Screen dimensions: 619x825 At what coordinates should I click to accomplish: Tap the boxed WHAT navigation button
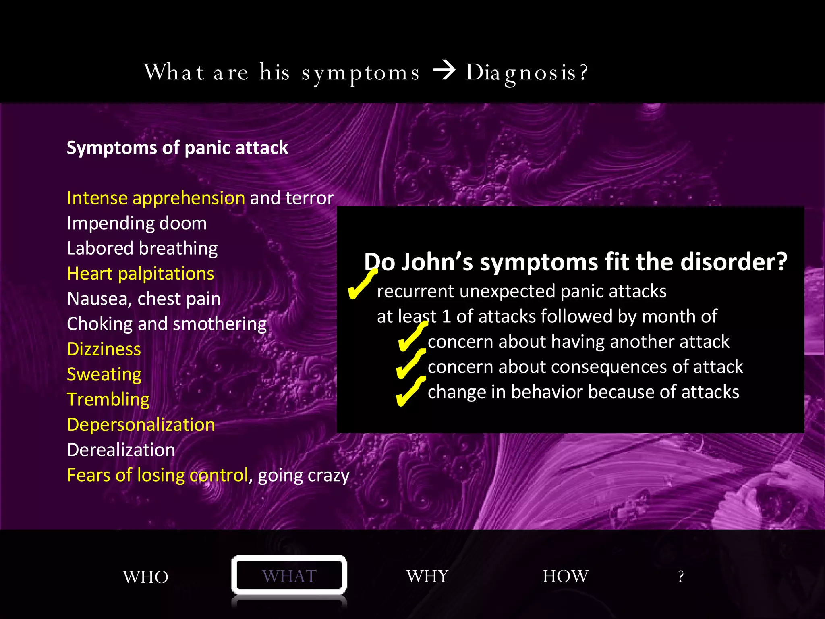click(x=289, y=575)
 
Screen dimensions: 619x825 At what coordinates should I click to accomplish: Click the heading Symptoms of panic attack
click(x=177, y=148)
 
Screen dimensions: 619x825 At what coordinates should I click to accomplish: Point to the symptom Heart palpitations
click(x=141, y=274)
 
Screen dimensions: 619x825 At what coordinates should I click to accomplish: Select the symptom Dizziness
click(x=104, y=349)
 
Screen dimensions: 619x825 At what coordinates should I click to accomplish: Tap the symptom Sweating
click(x=104, y=374)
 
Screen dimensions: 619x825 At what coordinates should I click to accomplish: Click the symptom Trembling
click(x=108, y=399)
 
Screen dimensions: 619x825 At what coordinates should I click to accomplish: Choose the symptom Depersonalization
click(x=141, y=425)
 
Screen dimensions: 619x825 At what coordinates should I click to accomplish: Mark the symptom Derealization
click(x=121, y=450)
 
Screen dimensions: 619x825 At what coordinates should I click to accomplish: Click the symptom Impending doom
click(x=137, y=223)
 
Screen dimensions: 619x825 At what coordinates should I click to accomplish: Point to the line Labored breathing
click(x=142, y=248)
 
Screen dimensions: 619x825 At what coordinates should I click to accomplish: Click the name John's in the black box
click(x=437, y=262)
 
